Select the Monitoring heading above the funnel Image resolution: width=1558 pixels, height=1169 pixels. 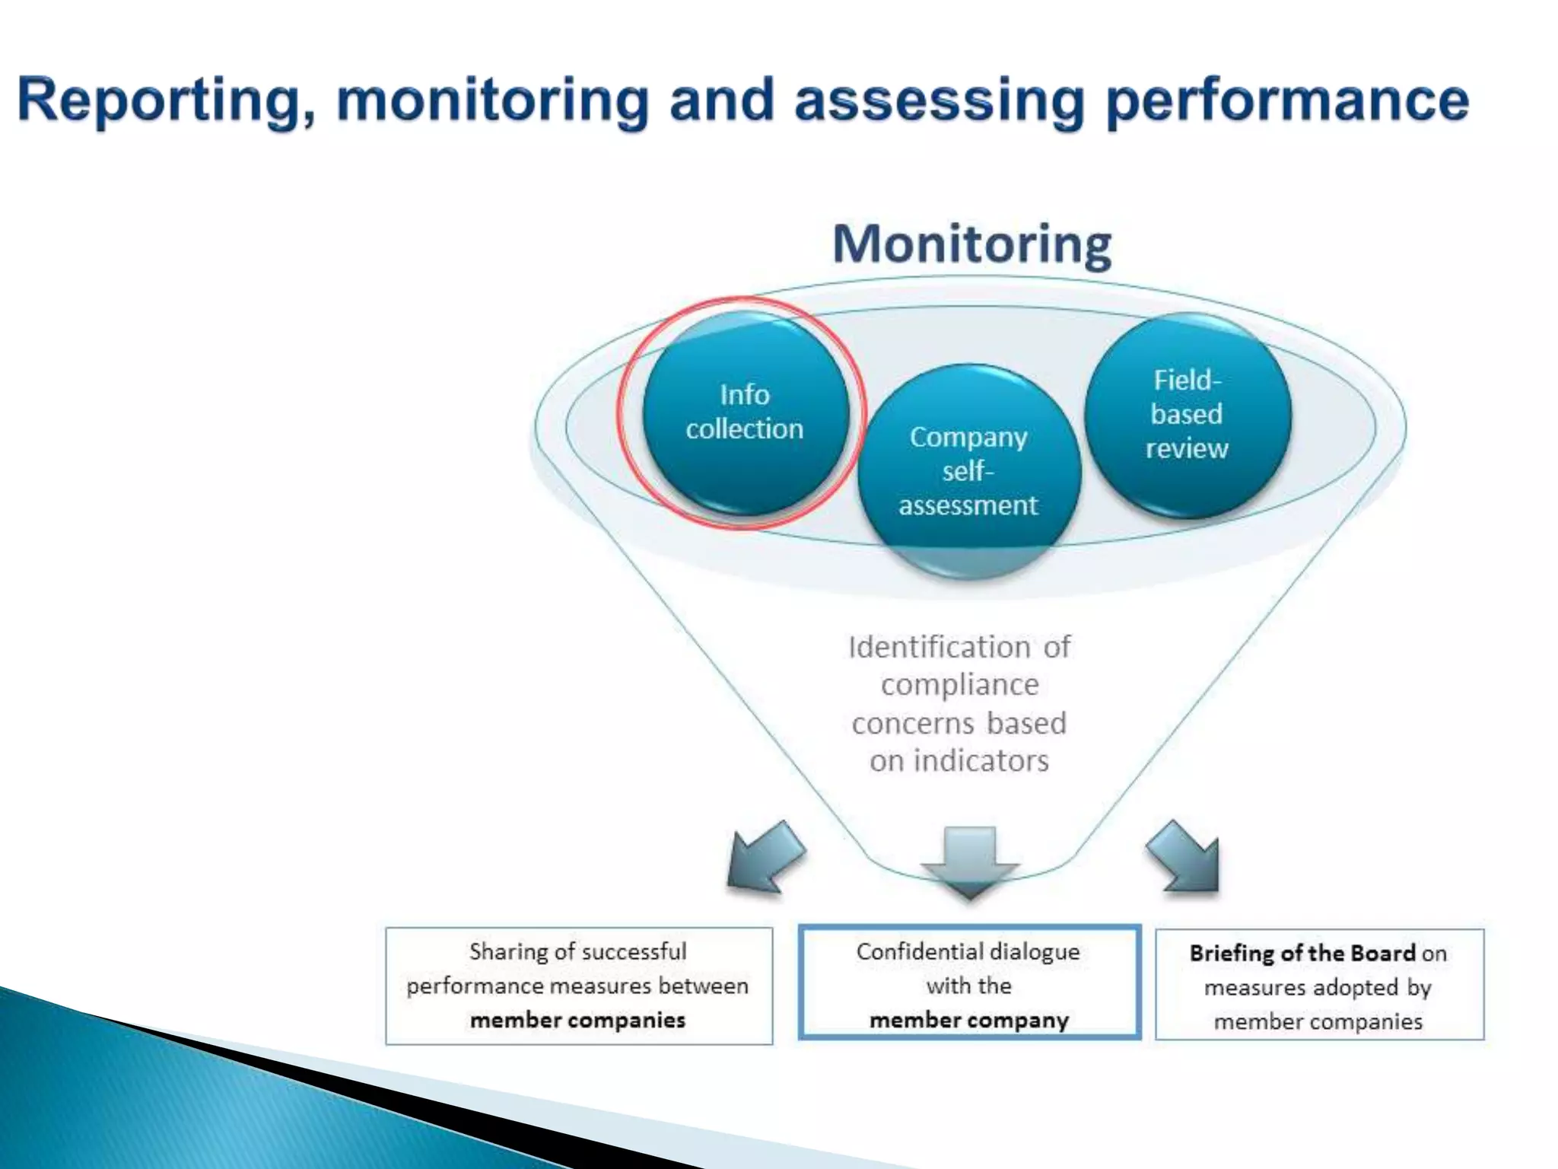tap(971, 244)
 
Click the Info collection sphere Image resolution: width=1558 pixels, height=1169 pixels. tap(745, 412)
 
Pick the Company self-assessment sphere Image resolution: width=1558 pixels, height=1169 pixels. tap(968, 470)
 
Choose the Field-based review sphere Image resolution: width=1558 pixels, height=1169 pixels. tap(1187, 415)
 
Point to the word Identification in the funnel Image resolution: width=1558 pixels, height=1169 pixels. tap(938, 648)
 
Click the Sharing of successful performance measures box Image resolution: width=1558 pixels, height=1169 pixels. tap(579, 986)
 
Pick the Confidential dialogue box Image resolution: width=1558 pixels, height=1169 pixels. tap(969, 983)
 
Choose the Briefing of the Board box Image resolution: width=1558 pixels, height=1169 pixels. tap(1319, 985)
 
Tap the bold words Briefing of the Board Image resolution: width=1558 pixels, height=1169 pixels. tap(1302, 954)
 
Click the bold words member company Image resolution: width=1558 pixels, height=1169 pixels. tap(969, 1020)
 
